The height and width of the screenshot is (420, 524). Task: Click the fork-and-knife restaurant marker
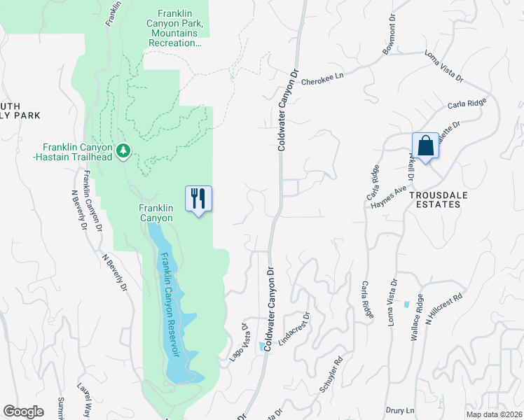[x=198, y=199]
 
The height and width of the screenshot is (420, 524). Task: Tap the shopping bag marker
[x=425, y=146]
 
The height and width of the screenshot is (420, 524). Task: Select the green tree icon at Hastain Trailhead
[x=124, y=150]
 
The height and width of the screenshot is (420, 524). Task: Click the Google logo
[x=24, y=412]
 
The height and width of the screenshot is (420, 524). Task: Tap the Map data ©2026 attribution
[x=495, y=414]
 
